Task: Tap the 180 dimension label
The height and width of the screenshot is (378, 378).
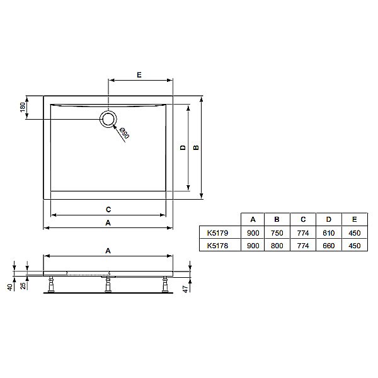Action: click(x=23, y=108)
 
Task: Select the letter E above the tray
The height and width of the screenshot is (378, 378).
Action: click(x=139, y=75)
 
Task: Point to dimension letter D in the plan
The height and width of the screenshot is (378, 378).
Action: click(x=182, y=148)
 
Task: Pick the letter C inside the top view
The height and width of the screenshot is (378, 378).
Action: click(x=108, y=209)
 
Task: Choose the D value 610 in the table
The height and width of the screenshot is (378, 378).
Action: click(x=328, y=232)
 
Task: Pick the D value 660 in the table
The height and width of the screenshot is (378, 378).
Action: click(x=328, y=246)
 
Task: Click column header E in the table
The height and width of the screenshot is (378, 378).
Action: click(x=354, y=219)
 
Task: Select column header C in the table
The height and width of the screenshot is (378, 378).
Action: click(x=303, y=219)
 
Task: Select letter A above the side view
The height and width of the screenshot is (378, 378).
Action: click(x=108, y=250)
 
